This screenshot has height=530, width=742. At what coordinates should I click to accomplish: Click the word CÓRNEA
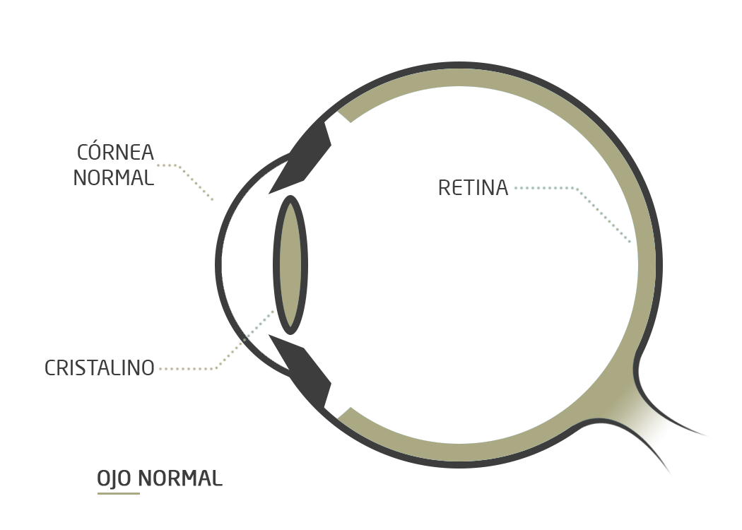click(115, 152)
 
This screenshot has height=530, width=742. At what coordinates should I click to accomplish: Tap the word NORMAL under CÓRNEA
click(113, 178)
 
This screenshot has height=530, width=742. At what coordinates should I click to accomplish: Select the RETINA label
click(473, 188)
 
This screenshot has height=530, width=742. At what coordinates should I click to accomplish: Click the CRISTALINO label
click(100, 368)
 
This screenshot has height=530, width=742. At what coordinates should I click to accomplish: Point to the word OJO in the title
click(114, 478)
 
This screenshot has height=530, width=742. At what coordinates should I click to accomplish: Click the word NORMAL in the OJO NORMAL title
click(180, 478)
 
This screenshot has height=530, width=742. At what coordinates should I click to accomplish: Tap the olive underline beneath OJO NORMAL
click(118, 493)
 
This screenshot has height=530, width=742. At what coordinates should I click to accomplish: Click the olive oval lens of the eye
click(290, 265)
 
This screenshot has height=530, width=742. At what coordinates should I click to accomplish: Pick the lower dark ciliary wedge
click(304, 370)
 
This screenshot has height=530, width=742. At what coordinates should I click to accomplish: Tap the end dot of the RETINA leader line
click(630, 242)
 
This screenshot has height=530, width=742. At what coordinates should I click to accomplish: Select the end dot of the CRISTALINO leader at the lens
click(273, 310)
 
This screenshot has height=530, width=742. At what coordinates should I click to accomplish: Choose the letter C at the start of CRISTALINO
click(50, 368)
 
